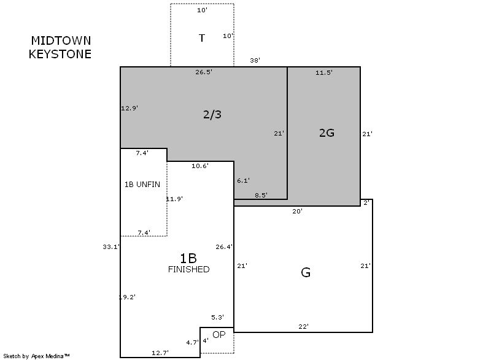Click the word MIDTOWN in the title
click(x=61, y=40)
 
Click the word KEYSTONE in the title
click(x=60, y=54)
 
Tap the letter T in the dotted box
click(x=202, y=38)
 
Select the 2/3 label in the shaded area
click(x=212, y=115)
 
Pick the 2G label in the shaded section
click(x=327, y=133)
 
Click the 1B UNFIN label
click(x=142, y=185)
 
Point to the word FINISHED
click(x=189, y=269)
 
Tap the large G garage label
click(x=306, y=272)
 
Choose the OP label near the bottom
click(x=219, y=335)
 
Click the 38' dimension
click(x=255, y=60)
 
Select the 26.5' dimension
click(x=204, y=72)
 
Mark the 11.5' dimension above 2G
click(x=324, y=72)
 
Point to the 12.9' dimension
click(x=130, y=108)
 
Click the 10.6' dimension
click(x=200, y=166)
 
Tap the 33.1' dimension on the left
click(x=111, y=247)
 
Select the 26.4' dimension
click(x=224, y=247)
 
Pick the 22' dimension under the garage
click(x=303, y=326)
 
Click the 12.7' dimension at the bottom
click(x=160, y=353)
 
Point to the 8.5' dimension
click(x=261, y=195)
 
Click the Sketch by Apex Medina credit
click(x=36, y=356)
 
